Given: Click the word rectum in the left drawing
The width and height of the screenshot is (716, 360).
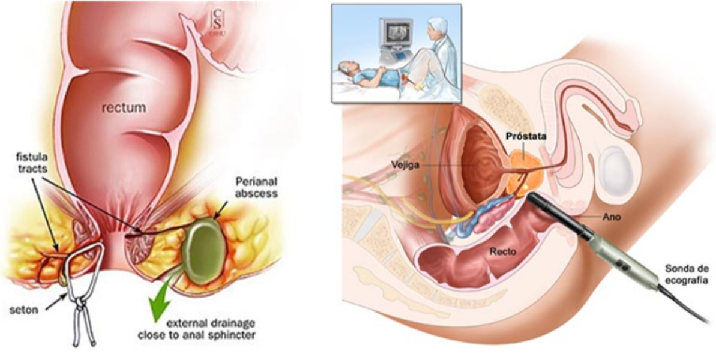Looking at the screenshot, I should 123,108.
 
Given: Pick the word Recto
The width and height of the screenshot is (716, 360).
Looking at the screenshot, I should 503,252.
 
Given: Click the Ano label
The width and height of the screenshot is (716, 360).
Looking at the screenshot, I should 612,218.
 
